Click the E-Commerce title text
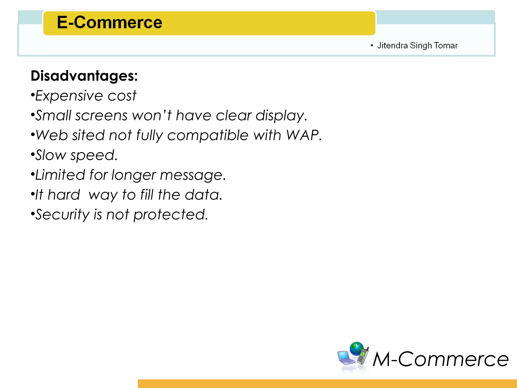(x=109, y=22)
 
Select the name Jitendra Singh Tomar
(x=417, y=45)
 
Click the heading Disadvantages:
(x=84, y=76)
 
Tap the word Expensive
(x=69, y=96)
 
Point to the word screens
(x=101, y=116)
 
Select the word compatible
(x=208, y=136)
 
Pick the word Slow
(x=50, y=155)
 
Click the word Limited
(x=60, y=175)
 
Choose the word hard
(x=64, y=195)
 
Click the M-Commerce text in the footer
(x=441, y=359)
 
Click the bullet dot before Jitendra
(x=372, y=45)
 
